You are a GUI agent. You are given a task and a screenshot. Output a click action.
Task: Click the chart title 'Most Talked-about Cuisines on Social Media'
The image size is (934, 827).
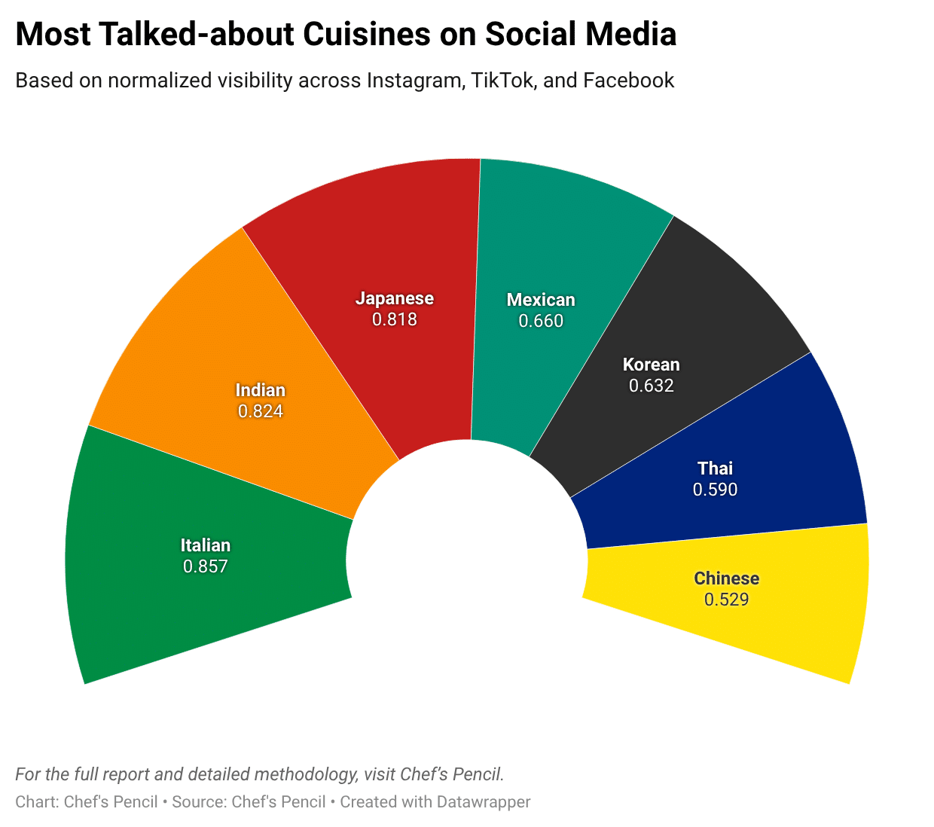point(346,35)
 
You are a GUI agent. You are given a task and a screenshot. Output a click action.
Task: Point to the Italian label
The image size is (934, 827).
point(206,545)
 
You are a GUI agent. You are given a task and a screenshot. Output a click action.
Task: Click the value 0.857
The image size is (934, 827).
point(206,566)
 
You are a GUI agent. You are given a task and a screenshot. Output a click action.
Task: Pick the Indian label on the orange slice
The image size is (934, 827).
point(261,390)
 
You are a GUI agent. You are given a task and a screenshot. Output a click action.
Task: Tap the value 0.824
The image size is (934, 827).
point(261,411)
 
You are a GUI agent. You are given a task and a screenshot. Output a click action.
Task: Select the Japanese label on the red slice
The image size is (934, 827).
point(395,298)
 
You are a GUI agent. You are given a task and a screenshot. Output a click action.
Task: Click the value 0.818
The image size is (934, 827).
point(395,319)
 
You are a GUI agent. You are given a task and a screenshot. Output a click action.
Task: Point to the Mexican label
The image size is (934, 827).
point(541,300)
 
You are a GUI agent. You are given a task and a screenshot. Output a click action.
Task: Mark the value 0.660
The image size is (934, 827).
point(541,321)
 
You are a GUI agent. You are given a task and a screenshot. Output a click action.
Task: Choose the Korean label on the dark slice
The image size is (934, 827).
point(652,365)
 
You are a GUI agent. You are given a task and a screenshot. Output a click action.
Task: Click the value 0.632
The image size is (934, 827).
point(652,386)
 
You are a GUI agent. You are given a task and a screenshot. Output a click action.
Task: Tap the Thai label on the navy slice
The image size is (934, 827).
point(715,468)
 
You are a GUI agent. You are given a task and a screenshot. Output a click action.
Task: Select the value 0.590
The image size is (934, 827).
point(715,490)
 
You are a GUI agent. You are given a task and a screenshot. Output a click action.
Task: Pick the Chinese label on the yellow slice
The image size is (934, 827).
point(727,578)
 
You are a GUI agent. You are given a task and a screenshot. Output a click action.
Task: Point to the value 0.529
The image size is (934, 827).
point(727,600)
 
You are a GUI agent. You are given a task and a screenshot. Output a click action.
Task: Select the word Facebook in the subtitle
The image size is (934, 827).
point(629,81)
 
